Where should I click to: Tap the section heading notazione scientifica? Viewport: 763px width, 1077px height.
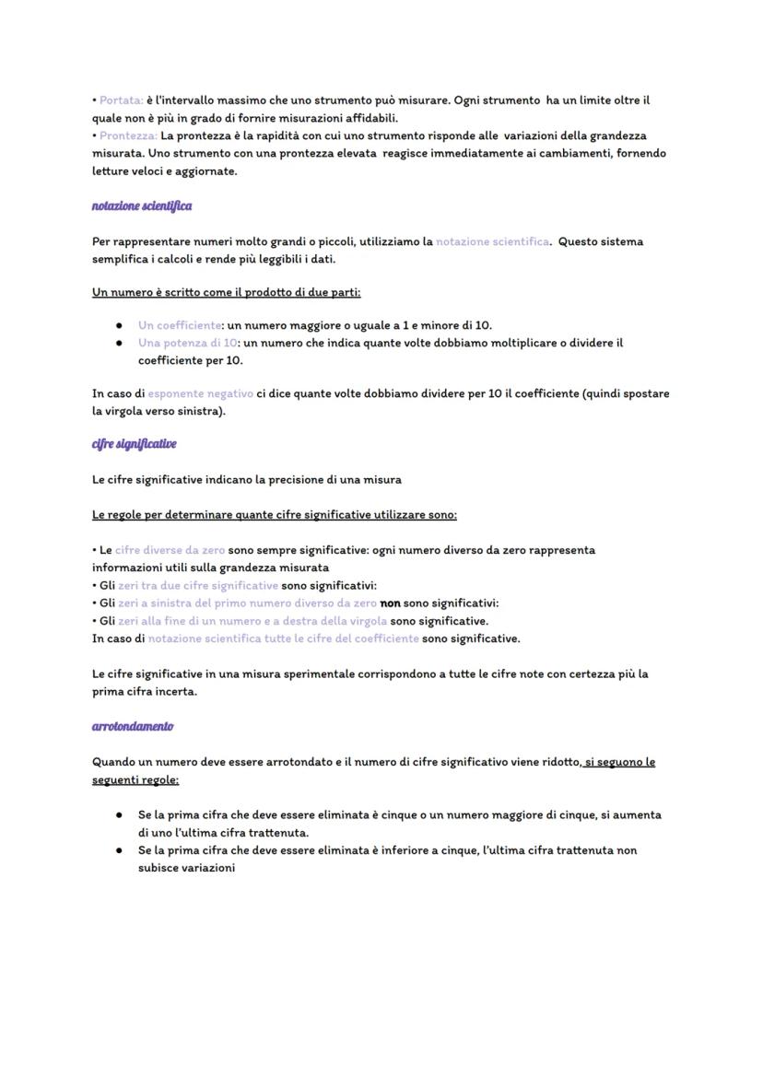coord(142,206)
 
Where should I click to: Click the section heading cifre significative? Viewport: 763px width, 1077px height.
coord(135,444)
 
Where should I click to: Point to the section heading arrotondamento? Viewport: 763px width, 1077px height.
coord(133,727)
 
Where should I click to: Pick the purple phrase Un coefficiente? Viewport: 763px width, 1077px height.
coord(180,325)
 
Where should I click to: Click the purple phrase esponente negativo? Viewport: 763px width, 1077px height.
coord(200,393)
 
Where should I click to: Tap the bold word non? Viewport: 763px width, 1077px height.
coord(390,603)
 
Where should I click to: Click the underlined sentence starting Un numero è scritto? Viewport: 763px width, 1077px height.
coord(226,293)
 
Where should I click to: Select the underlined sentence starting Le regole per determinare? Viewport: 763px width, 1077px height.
coord(274,515)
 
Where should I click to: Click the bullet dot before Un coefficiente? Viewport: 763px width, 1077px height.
coord(120,326)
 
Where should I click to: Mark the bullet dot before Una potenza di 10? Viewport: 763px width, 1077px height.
coord(120,344)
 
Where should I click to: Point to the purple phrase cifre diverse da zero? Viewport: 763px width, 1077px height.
coord(170,550)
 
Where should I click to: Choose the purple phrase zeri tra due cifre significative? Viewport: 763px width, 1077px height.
coord(197,586)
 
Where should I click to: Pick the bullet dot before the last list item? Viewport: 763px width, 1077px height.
coord(120,850)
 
